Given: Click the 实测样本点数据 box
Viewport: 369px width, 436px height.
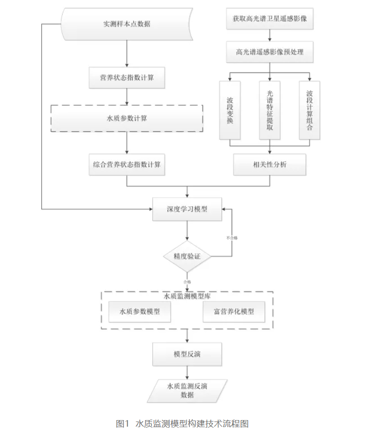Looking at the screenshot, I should tap(127, 24).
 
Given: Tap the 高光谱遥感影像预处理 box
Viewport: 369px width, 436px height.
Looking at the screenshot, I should tap(269, 52).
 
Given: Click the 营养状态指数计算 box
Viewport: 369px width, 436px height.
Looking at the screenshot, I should tap(127, 78).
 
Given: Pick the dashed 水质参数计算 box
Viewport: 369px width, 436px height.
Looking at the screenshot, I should tap(127, 118).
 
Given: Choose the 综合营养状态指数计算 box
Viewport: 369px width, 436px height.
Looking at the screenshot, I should tap(127, 164).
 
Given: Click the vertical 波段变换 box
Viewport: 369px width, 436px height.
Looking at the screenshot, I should tap(230, 110).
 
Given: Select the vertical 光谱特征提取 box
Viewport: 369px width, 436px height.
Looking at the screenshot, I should tap(269, 110).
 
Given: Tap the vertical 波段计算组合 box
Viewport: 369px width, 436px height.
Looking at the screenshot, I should tap(310, 110).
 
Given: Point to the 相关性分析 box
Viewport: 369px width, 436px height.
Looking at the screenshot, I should tap(269, 164).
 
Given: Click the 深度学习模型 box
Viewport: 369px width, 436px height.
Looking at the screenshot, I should tap(187, 209).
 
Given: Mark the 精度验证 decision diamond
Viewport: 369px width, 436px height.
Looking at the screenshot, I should tap(187, 257).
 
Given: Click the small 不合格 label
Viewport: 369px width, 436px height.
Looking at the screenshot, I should tap(232, 238).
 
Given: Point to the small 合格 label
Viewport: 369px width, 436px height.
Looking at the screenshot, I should tap(187, 282).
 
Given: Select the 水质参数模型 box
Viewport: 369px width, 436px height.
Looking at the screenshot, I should tap(139, 312).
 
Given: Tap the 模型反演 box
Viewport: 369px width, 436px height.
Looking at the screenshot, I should tap(187, 354).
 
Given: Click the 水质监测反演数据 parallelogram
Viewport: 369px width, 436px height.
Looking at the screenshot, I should tap(187, 391).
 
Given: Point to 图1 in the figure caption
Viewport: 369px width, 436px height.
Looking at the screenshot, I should tap(122, 424).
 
